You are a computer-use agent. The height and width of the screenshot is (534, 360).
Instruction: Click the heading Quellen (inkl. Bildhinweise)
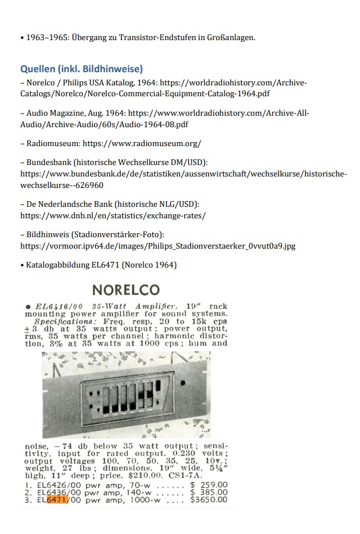point(81,69)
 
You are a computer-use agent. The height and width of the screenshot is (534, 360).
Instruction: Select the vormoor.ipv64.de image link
point(158,246)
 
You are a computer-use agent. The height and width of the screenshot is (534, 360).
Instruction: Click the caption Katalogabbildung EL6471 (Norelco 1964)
point(101,265)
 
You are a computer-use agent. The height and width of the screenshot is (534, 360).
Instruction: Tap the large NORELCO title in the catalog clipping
point(126,290)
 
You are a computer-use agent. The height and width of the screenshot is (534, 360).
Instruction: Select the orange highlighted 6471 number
point(57,500)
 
